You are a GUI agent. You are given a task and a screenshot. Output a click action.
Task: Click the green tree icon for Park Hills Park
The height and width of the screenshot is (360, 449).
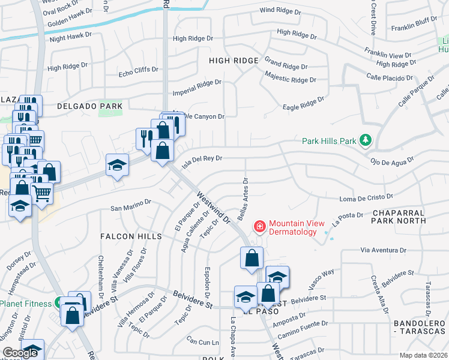364,141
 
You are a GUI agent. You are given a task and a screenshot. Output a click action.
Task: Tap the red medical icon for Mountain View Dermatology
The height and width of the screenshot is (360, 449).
260,226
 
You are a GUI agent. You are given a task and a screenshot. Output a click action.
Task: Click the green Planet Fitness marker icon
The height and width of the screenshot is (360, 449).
60,304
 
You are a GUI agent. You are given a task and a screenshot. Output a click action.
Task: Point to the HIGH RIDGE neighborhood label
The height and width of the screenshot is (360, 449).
234,61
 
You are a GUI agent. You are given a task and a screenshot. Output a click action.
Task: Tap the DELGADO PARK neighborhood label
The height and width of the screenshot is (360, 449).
89,106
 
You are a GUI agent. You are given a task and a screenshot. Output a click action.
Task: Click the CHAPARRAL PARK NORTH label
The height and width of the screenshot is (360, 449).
399,217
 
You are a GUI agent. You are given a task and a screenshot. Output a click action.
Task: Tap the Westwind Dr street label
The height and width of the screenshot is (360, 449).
214,208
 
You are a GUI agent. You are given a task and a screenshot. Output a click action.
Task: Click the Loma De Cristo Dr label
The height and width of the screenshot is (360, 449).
366,197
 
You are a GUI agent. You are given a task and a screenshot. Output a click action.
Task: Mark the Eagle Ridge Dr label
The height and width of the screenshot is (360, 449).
304,104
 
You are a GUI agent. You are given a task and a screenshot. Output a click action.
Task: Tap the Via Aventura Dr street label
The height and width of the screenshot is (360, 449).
384,250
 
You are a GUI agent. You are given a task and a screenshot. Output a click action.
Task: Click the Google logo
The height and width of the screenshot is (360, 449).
20,353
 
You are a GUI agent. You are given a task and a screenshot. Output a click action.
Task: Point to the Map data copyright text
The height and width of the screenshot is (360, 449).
423,355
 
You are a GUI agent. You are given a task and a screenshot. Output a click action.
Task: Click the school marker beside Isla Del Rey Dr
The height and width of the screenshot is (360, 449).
118,165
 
